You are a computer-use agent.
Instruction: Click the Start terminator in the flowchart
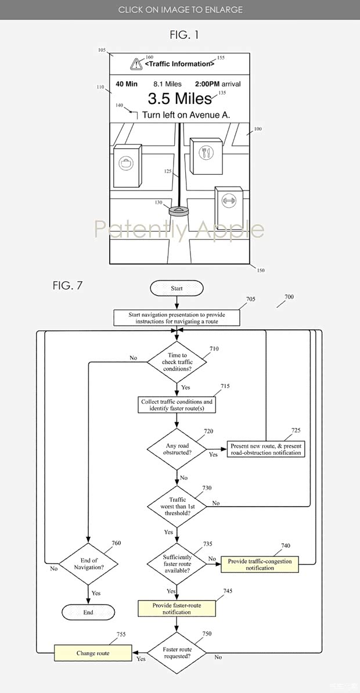tap(177, 288)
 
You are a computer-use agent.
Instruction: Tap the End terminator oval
tap(88, 612)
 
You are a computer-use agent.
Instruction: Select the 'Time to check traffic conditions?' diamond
tap(177, 362)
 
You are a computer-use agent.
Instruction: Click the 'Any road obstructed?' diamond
tap(177, 450)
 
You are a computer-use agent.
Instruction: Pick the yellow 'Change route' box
tap(93, 653)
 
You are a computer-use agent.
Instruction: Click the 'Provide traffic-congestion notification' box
tap(260, 565)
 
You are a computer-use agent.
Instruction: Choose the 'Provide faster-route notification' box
tap(177, 609)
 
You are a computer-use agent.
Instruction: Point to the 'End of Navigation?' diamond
tap(88, 563)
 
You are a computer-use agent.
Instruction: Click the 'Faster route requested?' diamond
tap(177, 653)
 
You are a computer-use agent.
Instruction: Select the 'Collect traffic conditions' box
tap(177, 405)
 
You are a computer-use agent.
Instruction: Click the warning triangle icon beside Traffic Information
tap(136, 64)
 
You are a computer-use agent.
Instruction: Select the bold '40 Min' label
tap(127, 84)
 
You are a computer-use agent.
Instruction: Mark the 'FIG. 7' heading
tap(68, 286)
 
